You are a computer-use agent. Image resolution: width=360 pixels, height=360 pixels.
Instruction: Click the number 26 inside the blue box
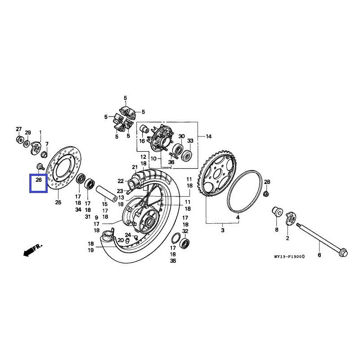pyautogui.click(x=38, y=180)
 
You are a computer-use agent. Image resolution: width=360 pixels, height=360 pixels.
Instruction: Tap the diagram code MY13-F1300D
pyautogui.click(x=289, y=256)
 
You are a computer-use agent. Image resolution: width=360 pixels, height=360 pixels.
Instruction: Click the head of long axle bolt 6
pyautogui.click(x=342, y=252)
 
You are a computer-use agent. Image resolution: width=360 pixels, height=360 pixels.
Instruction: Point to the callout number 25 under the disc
pyautogui.click(x=58, y=202)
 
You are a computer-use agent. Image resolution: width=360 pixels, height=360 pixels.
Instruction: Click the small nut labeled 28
pyautogui.click(x=266, y=194)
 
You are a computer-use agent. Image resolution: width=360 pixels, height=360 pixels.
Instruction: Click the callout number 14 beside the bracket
pyautogui.click(x=208, y=136)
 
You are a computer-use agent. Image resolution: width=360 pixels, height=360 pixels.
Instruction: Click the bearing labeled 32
pyautogui.click(x=184, y=244)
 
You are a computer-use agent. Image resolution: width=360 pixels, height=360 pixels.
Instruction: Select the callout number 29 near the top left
pyautogui.click(x=28, y=133)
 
